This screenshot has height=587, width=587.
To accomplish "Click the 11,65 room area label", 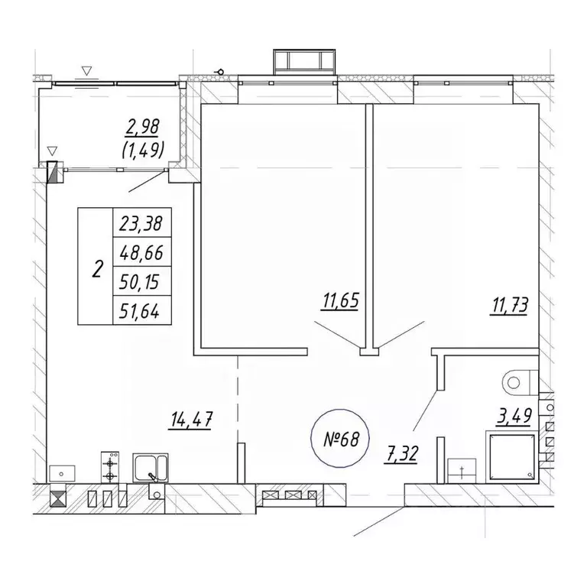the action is tap(340, 302).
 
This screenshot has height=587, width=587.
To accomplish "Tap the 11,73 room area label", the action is tap(510, 306).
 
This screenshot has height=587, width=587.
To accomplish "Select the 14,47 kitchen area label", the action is tap(192, 420).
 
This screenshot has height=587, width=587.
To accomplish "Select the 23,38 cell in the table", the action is tap(141, 224).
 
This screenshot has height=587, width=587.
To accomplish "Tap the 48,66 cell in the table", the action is tap(141, 253).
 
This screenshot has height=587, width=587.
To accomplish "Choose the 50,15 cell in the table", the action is tap(141, 281).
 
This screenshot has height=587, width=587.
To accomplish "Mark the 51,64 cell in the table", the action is tap(141, 310).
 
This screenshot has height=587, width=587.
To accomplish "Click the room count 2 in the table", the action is tap(97, 269).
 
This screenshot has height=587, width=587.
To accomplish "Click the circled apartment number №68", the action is tap(340, 439).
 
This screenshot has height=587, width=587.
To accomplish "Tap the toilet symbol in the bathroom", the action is tap(521, 382).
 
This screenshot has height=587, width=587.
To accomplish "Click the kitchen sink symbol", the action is tap(151, 468).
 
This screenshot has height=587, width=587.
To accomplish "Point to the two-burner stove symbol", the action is tap(110, 467).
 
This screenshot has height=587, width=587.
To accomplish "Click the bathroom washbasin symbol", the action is tap(462, 471).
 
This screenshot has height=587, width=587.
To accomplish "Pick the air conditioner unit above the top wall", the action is tap(304, 62).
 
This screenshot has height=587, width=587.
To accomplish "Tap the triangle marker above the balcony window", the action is tap(87, 71).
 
